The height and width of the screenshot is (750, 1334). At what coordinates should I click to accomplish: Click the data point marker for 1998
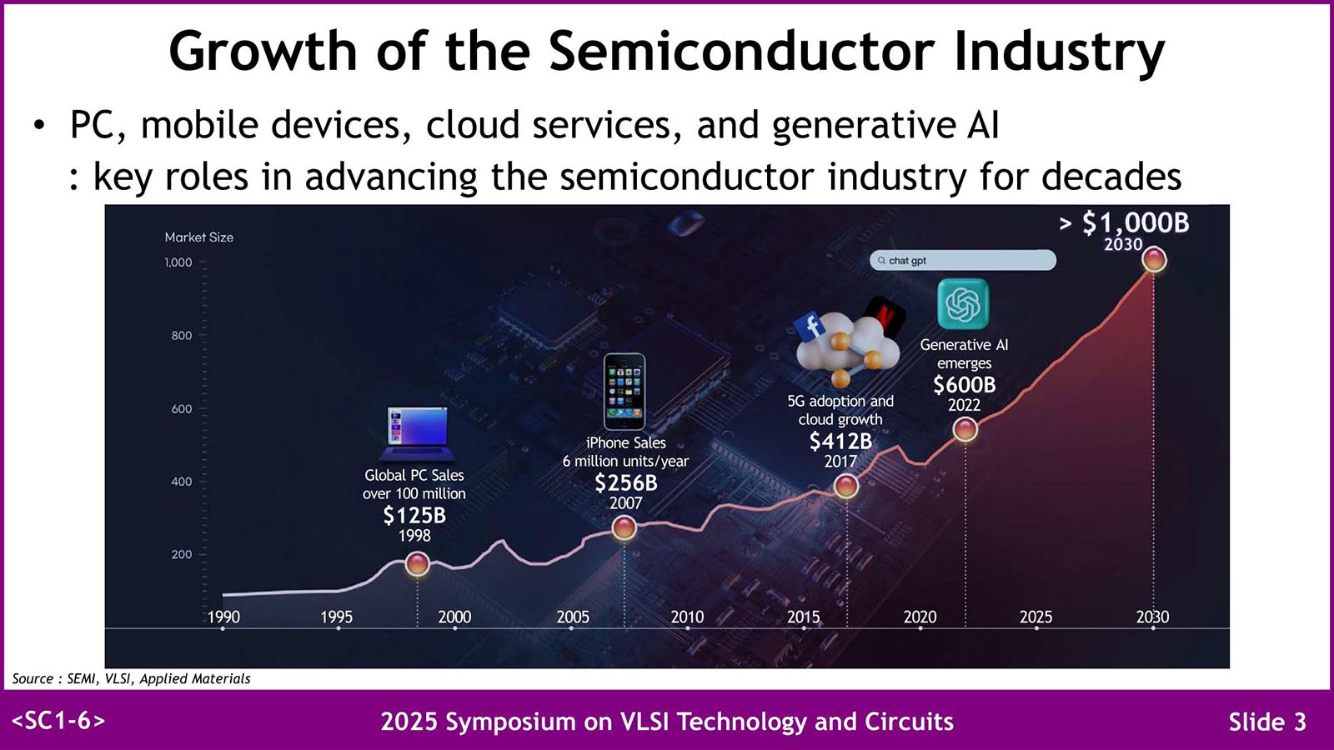[417, 564]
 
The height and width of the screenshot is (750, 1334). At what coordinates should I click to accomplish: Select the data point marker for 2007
[624, 527]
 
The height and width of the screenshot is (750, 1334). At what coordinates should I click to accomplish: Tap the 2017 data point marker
[845, 485]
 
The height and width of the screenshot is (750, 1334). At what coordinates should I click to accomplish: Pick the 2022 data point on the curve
[965, 429]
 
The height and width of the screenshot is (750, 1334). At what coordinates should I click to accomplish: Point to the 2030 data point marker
[1154, 260]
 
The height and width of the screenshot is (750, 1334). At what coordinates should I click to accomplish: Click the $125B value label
[414, 516]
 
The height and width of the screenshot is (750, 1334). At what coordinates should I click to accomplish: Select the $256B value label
[625, 483]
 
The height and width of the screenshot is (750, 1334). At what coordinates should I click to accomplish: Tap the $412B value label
[840, 442]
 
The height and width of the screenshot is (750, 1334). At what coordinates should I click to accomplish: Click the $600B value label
[964, 385]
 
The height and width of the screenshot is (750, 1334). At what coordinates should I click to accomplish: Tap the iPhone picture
[624, 391]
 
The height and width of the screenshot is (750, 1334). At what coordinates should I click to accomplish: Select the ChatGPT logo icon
[963, 303]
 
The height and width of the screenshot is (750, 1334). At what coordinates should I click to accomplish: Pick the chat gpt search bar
[962, 261]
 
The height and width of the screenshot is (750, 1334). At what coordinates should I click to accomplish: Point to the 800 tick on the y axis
[181, 336]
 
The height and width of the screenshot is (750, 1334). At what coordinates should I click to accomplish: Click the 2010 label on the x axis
[687, 617]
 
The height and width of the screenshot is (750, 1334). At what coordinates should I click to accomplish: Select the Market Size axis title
[198, 237]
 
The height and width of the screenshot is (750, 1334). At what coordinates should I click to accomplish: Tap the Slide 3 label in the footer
[1266, 722]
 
